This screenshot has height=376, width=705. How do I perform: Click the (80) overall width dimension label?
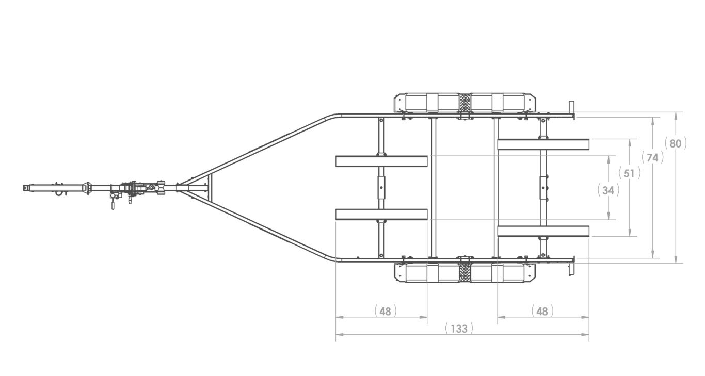pos(676,143)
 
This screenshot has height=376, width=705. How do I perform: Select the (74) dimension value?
pos(653,157)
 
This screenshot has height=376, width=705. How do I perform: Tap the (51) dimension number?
pos(629,173)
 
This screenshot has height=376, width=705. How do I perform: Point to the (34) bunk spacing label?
pos(608,190)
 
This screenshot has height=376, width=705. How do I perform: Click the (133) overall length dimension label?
pos(458,329)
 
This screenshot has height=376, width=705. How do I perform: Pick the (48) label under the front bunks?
pos(386,311)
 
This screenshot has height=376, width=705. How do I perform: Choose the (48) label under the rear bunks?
pos(541,311)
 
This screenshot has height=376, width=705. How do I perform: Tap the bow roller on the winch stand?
pos(161,188)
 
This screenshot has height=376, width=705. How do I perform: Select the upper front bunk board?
pos(381,161)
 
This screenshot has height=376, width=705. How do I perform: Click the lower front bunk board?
pos(381,214)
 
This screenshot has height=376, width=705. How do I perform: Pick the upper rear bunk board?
pos(543,144)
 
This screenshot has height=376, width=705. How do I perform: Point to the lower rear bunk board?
pos(543,231)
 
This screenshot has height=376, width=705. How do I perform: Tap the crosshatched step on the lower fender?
pos(464,272)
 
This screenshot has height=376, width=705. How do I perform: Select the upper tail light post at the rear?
pos(571,110)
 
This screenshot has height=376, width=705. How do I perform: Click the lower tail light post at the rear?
pos(571,266)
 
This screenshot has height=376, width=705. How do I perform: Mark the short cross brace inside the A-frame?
pos(210,188)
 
